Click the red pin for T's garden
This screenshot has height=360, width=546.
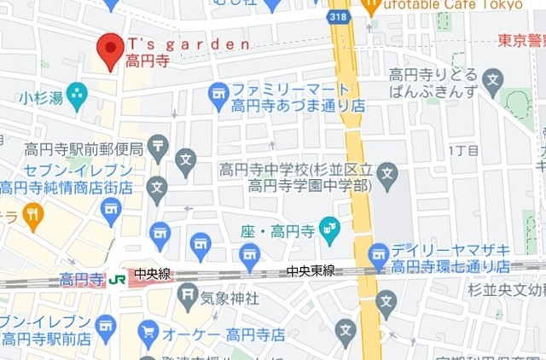coord(110,49)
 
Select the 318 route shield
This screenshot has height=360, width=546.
coord(338,16)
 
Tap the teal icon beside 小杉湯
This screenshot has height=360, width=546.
coord(77,95)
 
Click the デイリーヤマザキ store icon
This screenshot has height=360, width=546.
coord(379,255)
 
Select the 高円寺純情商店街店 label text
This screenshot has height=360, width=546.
coord(67,188)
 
